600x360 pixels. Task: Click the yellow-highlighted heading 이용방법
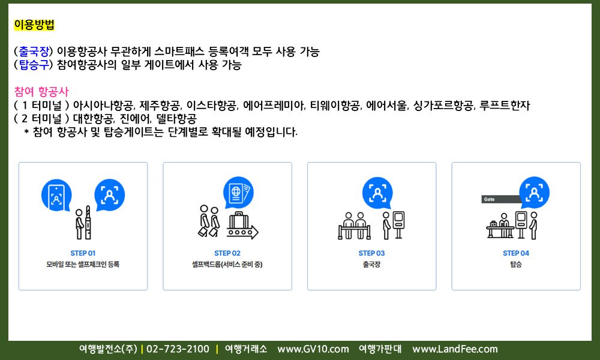pos(34,25)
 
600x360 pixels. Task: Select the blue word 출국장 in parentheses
pos(34,51)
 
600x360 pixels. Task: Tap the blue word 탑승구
pos(34,65)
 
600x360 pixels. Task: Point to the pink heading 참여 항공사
pos(41,92)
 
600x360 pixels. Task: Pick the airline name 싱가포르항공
pos(444,105)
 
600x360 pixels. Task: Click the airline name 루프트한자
pos(505,105)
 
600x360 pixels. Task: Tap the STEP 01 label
pos(83,253)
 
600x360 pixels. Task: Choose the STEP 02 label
pos(227,253)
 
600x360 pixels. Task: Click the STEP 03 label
pos(371,253)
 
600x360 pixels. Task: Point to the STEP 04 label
pos(516,253)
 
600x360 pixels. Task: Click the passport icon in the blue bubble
pos(238,193)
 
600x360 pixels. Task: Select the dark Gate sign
pos(501,199)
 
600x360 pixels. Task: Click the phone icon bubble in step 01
pos(56,195)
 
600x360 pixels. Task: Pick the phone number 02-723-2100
pos(178,349)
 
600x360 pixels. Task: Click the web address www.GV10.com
pos(313,349)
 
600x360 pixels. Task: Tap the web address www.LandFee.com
pos(455,349)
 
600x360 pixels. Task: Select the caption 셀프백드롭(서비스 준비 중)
pos(227,265)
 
